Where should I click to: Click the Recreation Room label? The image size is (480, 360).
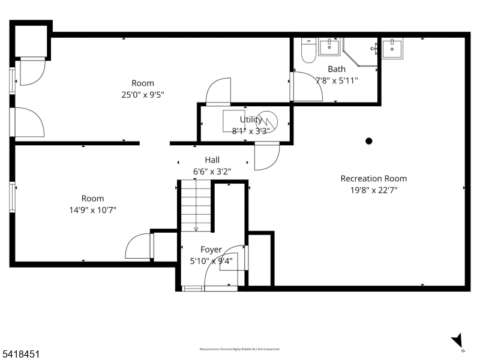point(373,178)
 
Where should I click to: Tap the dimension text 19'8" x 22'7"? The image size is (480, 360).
point(373,190)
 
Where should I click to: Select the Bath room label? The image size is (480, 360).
point(336,69)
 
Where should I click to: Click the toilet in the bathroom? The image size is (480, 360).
point(308,51)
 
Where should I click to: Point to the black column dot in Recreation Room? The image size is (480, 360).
point(369,141)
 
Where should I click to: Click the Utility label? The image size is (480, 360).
point(251,119)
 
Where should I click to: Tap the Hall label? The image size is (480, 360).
point(212,160)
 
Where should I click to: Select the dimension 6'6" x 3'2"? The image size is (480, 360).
point(212,171)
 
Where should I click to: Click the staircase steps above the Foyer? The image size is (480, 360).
point(196,207)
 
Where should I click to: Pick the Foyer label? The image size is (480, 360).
point(211,249)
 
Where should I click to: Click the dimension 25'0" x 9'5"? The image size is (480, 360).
point(143,94)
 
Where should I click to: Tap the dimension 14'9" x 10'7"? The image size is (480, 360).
point(92,209)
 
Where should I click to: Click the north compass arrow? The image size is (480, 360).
point(458,340)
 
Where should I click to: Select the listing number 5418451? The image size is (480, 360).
point(21,355)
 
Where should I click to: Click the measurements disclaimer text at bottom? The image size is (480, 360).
point(239,349)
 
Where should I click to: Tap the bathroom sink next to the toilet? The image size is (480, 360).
point(329,47)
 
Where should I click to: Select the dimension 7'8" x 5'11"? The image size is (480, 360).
point(336,80)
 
